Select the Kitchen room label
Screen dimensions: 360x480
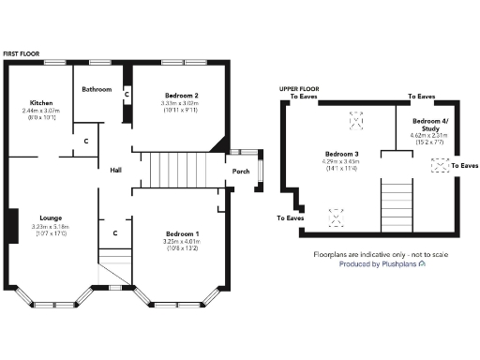40,103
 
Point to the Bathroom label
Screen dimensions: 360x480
97,90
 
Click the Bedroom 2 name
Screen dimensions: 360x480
183,96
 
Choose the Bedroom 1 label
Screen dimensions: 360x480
183,232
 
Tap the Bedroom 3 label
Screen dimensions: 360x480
342,154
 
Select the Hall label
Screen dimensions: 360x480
116,171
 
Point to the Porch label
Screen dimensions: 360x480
241,172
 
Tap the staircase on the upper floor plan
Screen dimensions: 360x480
396,204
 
